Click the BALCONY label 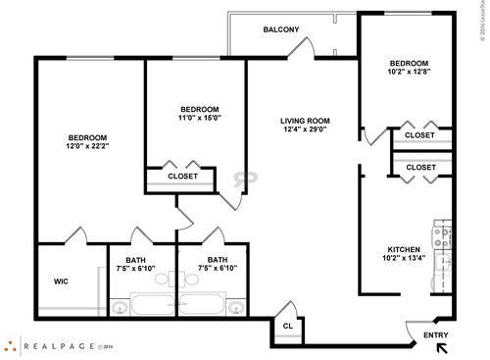pos(281,30)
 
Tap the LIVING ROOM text pos(305,121)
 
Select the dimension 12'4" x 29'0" pos(305,129)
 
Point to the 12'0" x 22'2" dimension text pos(87,146)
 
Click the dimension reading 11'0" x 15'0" pos(199,118)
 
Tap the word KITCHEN pos(404,249)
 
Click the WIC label pos(61,282)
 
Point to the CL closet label pos(288,326)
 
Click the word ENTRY pos(436,335)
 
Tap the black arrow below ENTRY pos(442,346)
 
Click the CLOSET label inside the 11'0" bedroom pos(183,177)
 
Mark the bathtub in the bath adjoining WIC pos(153,304)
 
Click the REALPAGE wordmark pos(59,345)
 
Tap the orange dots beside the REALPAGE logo pos(9,345)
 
